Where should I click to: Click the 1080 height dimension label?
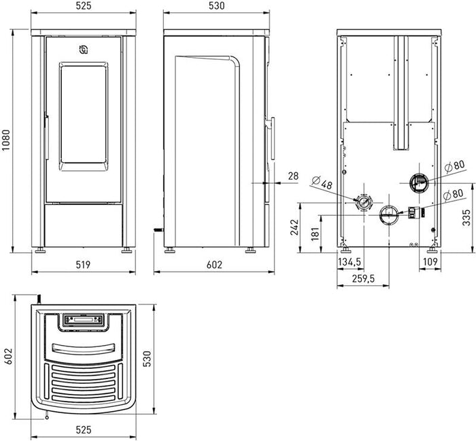6,140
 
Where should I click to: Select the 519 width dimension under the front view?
83,265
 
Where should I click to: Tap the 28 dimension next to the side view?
293,176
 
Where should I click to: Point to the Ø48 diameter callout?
322,183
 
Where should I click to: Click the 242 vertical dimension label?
294,227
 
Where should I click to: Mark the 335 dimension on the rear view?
466,218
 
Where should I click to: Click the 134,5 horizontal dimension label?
350,262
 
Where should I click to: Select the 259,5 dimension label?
363,278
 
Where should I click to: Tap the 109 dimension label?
430,261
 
